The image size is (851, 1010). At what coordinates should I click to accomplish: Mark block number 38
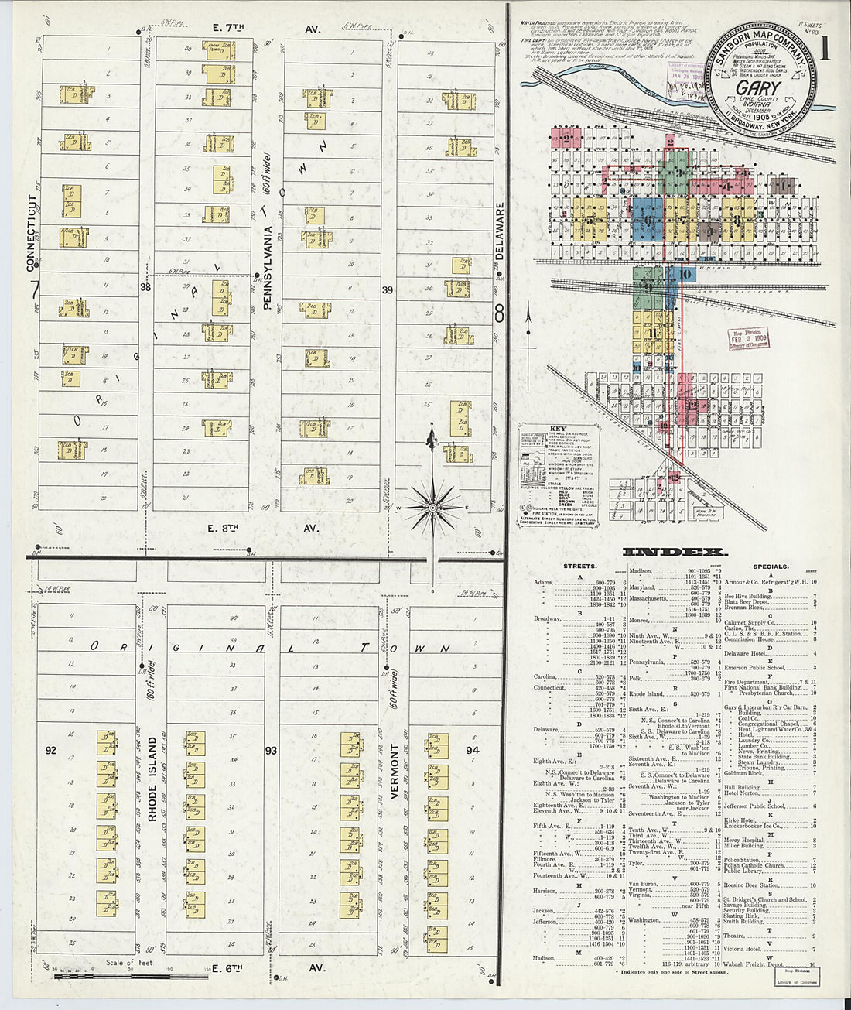145,288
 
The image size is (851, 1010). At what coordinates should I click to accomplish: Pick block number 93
271,750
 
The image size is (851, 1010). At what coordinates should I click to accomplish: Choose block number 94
472,750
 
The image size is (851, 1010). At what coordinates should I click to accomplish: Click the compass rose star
432,507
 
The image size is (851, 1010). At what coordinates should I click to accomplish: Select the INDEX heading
675,552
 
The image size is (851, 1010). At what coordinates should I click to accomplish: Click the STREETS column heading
579,567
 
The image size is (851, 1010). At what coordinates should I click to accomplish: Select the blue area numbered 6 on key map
647,220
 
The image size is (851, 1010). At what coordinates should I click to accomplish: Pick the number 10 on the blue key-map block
685,273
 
